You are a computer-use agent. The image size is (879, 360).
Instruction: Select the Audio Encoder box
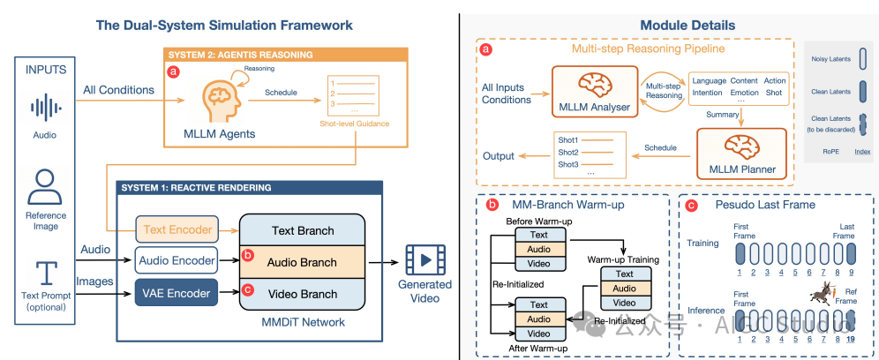pos(176,260)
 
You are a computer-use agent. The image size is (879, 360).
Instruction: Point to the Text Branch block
pos(304,231)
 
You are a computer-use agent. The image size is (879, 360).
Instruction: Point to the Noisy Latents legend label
pos(829,59)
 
